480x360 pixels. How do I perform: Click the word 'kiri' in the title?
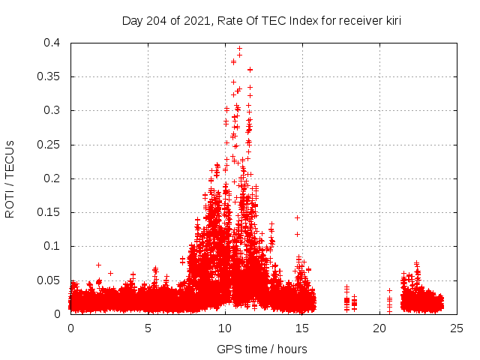[391, 21]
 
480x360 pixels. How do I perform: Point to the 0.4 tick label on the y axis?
[52, 43]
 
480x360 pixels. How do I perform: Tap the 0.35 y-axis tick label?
[49, 76]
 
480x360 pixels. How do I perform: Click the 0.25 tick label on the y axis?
[49, 145]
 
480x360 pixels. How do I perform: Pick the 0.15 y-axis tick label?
[49, 212]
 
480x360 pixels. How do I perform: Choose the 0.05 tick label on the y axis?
[49, 280]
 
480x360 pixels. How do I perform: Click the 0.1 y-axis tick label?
[52, 246]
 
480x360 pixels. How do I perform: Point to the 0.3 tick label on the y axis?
[52, 110]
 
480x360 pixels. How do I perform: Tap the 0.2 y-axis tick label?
[52, 178]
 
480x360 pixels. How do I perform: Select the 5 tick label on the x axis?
[148, 328]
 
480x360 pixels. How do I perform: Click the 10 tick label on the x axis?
[225, 328]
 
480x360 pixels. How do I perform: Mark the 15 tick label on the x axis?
[302, 328]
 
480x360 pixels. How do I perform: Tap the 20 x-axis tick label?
[379, 328]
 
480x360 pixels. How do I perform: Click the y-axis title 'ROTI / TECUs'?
[10, 178]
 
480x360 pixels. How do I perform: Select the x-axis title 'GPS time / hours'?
[262, 349]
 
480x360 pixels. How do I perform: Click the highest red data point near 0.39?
[239, 49]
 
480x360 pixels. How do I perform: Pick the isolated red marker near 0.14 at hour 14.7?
[297, 217]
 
